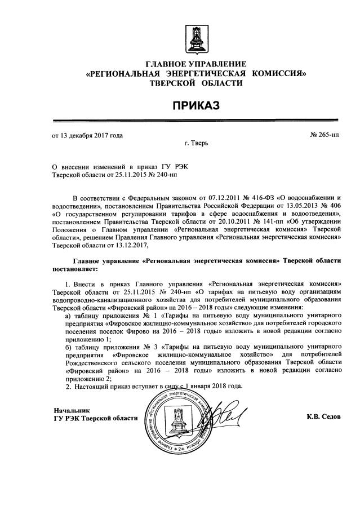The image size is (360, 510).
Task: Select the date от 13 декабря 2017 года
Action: click(x=87, y=135)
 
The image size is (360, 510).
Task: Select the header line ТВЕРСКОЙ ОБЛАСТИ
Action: click(x=196, y=83)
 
